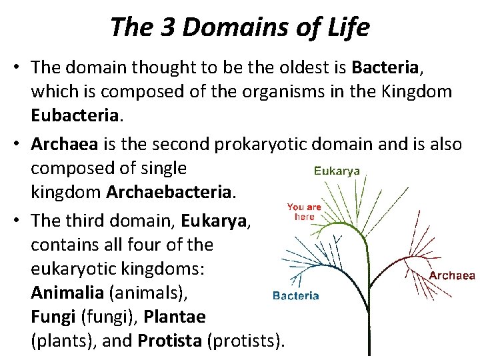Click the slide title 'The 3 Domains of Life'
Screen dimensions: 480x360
coord(239,27)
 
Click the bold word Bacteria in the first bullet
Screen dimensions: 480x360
coord(385,67)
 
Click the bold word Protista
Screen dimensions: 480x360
coord(170,341)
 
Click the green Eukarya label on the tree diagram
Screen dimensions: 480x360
coord(337,171)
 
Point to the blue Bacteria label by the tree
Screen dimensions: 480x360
coord(295,296)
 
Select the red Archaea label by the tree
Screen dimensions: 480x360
coord(451,275)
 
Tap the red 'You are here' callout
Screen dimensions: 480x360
coord(304,211)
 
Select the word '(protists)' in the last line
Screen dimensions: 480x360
coord(246,341)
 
